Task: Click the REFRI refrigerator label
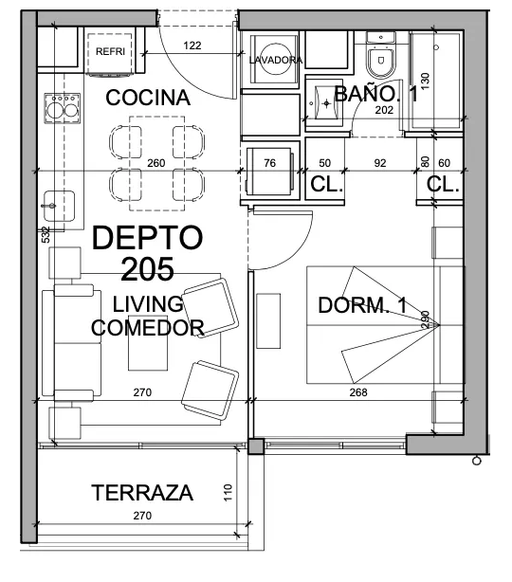pyautogui.click(x=110, y=51)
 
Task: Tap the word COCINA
pyautogui.click(x=148, y=98)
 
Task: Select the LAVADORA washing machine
pyautogui.click(x=275, y=60)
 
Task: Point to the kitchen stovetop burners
pyautogui.click(x=63, y=108)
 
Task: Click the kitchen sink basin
pyautogui.click(x=59, y=206)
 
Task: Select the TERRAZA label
pyautogui.click(x=142, y=493)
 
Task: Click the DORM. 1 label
pyautogui.click(x=363, y=305)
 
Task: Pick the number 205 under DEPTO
pyautogui.click(x=147, y=269)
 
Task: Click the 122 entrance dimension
pyautogui.click(x=192, y=45)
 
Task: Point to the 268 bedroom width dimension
pyautogui.click(x=358, y=392)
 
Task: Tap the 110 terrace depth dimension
pyautogui.click(x=228, y=493)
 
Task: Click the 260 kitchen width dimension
pyautogui.click(x=155, y=163)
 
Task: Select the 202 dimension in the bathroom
pyautogui.click(x=384, y=110)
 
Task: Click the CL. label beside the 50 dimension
pyautogui.click(x=326, y=184)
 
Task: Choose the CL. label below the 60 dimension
pyautogui.click(x=443, y=184)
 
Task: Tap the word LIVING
pyautogui.click(x=148, y=304)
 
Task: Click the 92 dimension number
pyautogui.click(x=380, y=163)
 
